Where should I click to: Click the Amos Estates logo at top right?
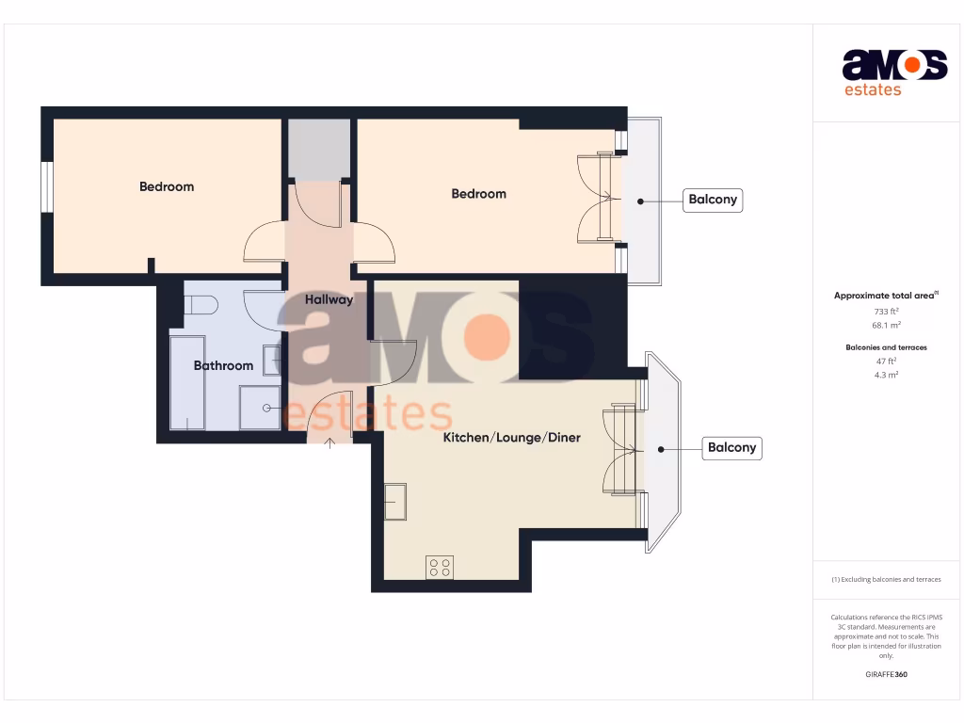coord(893,72)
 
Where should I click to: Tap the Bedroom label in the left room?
coord(167,186)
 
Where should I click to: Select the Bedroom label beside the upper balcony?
coord(478,194)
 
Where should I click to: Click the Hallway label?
coord(329,299)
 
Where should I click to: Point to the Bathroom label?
coord(223,365)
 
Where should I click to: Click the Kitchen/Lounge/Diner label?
coord(511,438)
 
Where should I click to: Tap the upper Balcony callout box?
coord(713,200)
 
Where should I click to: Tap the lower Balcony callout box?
coord(731,448)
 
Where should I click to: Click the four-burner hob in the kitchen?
coord(440,567)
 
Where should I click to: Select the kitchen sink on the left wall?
coord(395,501)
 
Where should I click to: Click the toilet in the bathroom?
coord(201,304)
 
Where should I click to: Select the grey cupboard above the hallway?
coord(318,149)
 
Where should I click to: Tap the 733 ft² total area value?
coord(886,311)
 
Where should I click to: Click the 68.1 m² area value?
coord(886,325)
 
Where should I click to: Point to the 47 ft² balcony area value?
coord(886,361)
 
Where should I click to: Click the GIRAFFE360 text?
coord(886,674)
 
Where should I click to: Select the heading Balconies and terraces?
coord(886,347)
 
